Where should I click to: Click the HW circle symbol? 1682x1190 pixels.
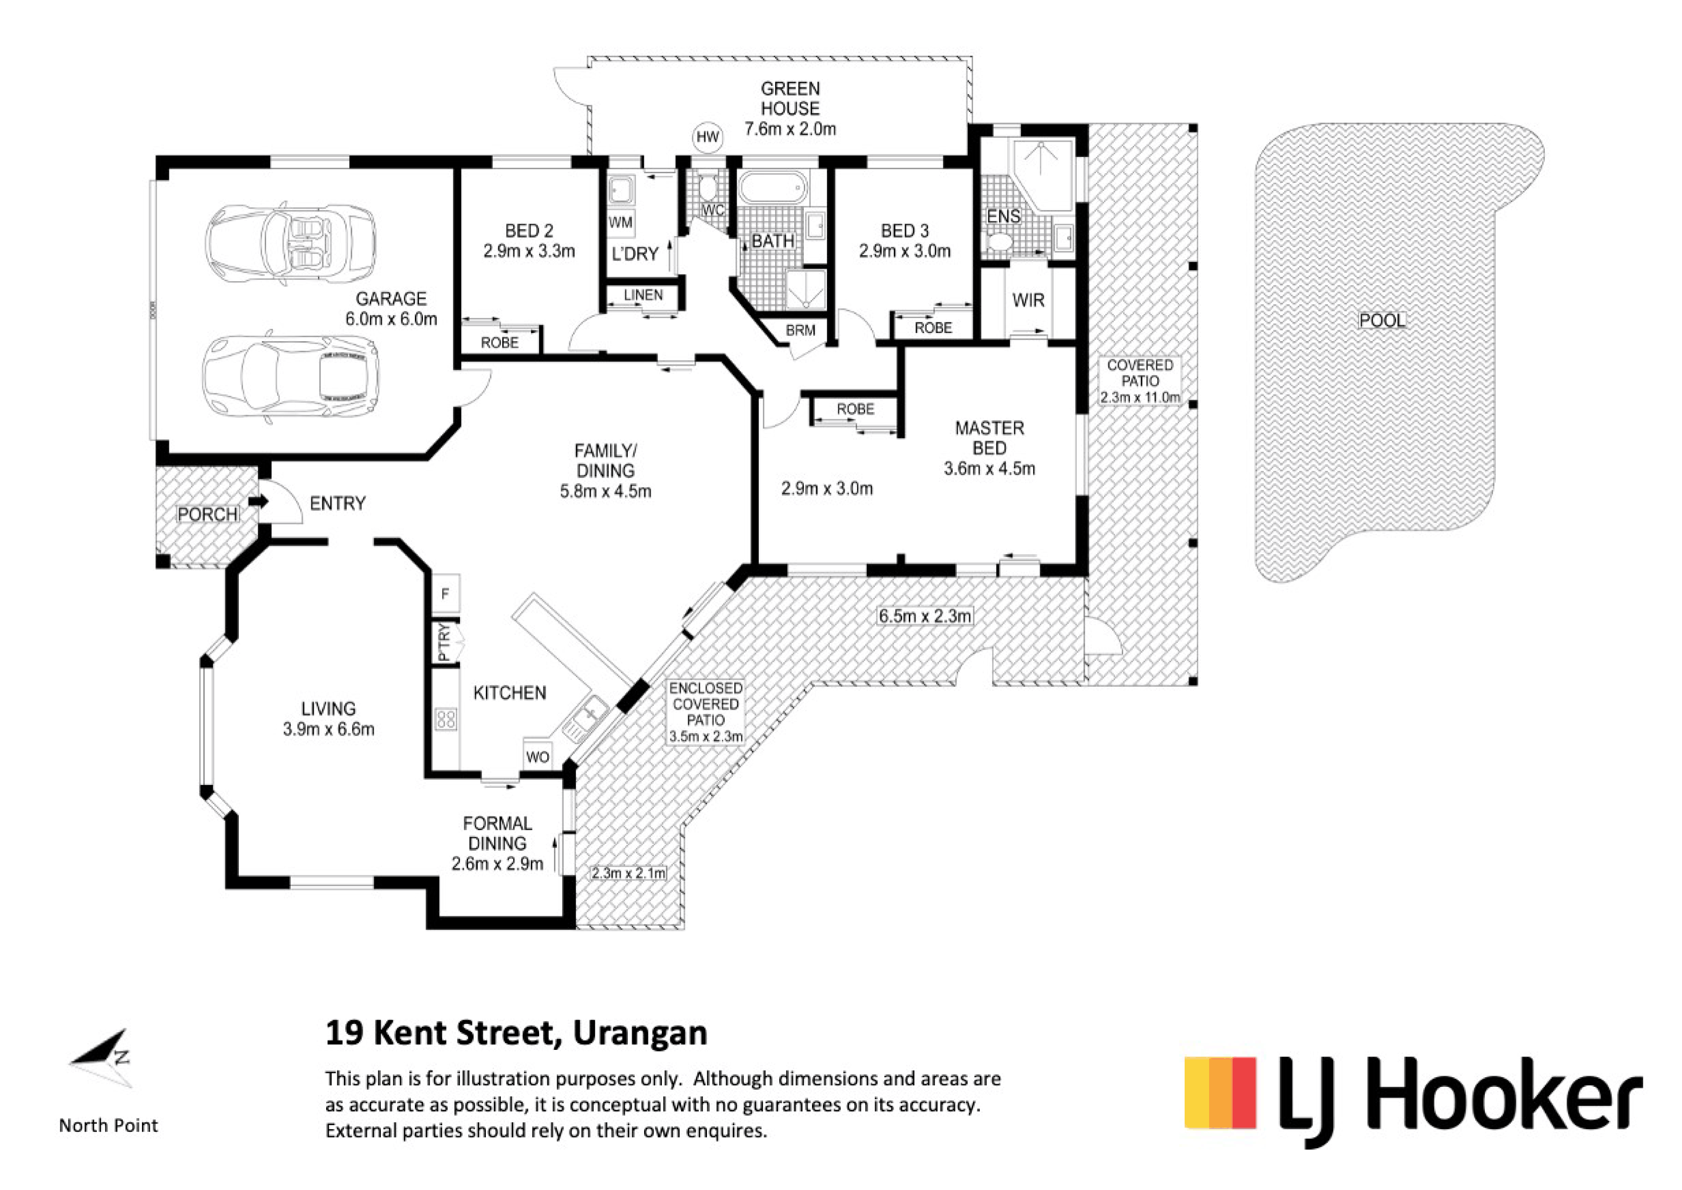pyautogui.click(x=708, y=137)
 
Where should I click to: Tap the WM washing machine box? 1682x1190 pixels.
pyautogui.click(x=621, y=223)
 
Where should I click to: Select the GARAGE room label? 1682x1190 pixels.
pyautogui.click(x=391, y=298)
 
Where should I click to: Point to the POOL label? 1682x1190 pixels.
pyautogui.click(x=1382, y=320)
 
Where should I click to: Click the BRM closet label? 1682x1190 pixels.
pyautogui.click(x=800, y=331)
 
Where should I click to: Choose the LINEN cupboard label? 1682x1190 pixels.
pyautogui.click(x=643, y=295)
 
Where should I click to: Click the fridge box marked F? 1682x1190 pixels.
pyautogui.click(x=446, y=594)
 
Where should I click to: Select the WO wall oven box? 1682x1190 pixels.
pyautogui.click(x=537, y=756)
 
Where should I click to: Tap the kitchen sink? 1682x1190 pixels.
pyautogui.click(x=585, y=719)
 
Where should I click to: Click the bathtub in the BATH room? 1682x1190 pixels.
pyautogui.click(x=772, y=188)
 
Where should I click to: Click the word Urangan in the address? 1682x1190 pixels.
pyautogui.click(x=640, y=1033)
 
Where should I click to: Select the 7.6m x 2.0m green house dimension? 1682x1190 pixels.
pyautogui.click(x=790, y=129)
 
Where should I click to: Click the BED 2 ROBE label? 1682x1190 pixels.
pyautogui.click(x=500, y=342)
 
